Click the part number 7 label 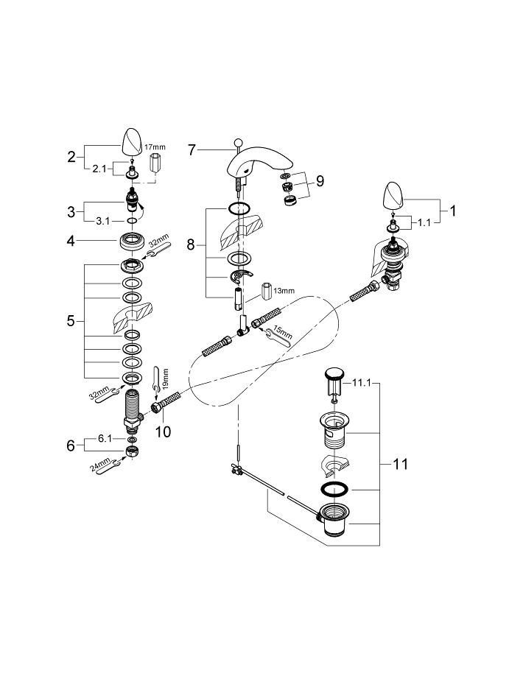coord(192,150)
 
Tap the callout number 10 coord(163,431)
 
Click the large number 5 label coord(71,321)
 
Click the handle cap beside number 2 coord(132,140)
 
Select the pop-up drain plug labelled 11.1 coord(333,377)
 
